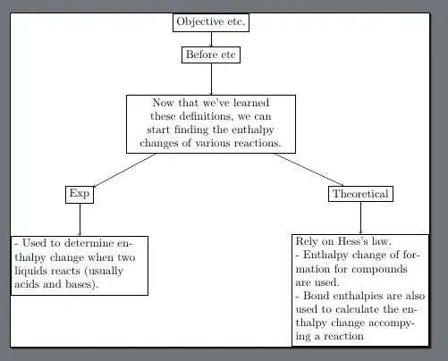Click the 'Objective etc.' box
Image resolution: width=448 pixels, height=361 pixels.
coord(211,21)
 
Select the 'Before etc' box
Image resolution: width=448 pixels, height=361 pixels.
coord(211,55)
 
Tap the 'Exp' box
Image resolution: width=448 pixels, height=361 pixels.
coord(80,193)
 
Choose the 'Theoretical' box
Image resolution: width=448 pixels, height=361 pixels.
coord(360,193)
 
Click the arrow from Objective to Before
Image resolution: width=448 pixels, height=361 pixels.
coord(211,38)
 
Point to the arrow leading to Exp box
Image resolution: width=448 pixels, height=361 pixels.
coord(125,170)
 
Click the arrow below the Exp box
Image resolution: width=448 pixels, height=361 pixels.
coord(80,219)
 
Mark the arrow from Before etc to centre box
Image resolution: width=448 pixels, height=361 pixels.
coord(211,80)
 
